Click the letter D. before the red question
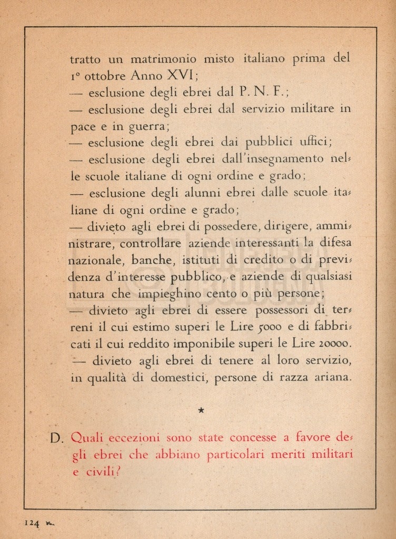pyautogui.click(x=58, y=438)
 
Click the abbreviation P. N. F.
pyautogui.click(x=262, y=93)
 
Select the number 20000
pyautogui.click(x=332, y=344)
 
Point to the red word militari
pyautogui.click(x=329, y=455)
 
